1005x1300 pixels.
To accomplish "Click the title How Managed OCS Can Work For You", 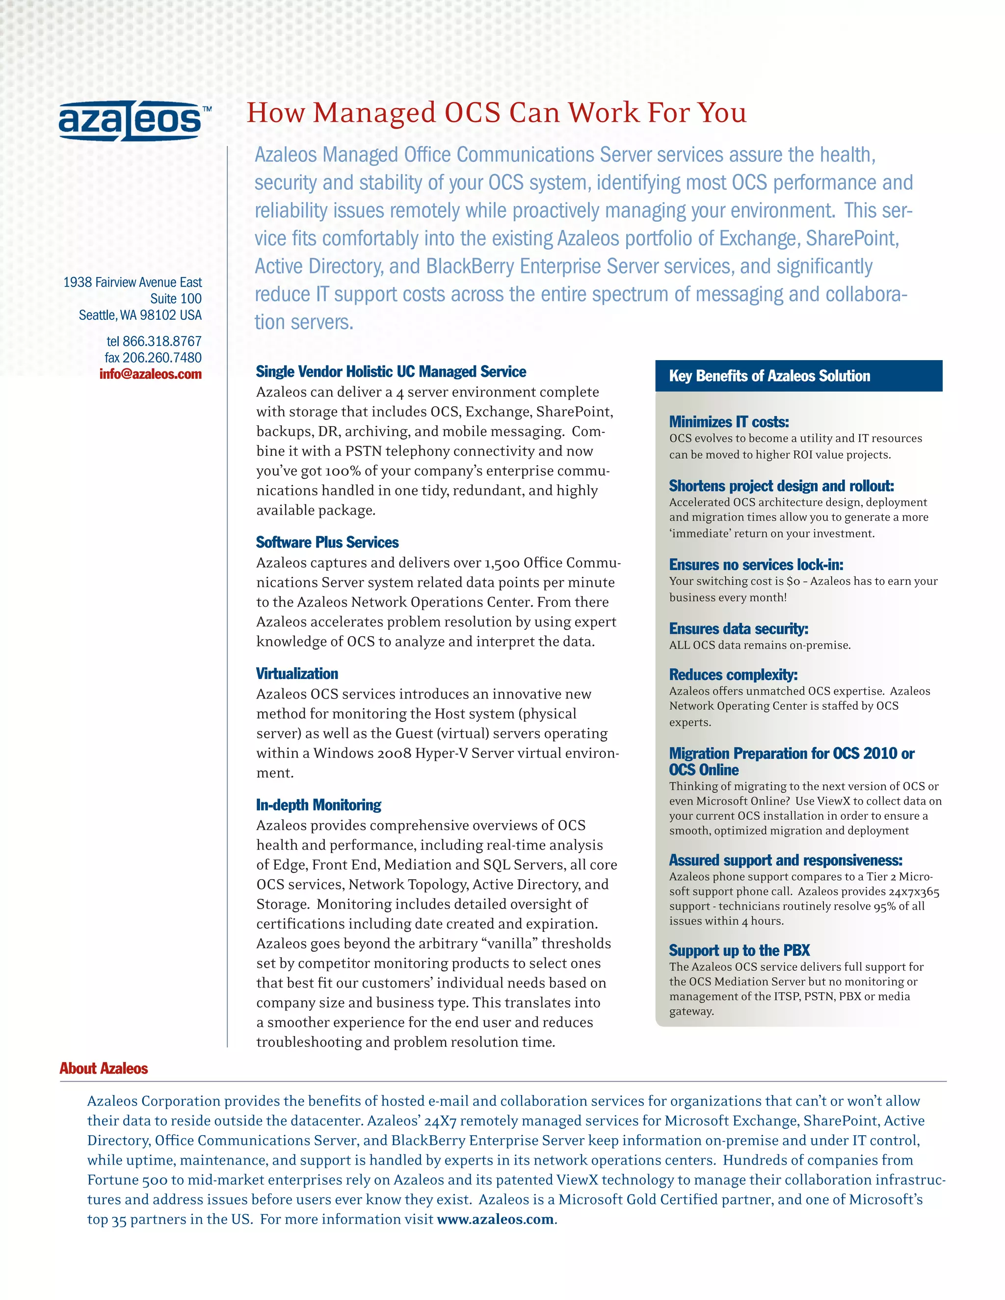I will [496, 113].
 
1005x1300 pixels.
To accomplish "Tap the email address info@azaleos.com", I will [151, 374].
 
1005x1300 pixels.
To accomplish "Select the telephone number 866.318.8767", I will [161, 341].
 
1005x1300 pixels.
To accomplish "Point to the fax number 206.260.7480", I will [161, 358].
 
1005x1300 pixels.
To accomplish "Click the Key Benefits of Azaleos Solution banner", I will [798, 376].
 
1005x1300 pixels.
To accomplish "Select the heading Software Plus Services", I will [327, 542].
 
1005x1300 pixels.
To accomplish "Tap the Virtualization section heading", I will [297, 674].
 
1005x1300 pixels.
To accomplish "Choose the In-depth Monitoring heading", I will [318, 806].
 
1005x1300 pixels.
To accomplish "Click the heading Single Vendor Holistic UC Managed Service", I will [391, 372].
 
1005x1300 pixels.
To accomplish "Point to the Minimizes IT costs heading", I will [729, 422].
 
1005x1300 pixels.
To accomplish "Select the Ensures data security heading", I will [738, 629].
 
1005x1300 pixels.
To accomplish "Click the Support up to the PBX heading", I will [739, 951].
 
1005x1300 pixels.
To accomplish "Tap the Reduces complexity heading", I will [733, 675].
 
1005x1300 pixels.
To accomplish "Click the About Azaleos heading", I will [104, 1068].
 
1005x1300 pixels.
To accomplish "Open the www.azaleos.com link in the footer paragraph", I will [495, 1219].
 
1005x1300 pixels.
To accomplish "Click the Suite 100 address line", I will [176, 299].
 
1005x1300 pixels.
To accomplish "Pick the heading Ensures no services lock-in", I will [756, 565].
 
